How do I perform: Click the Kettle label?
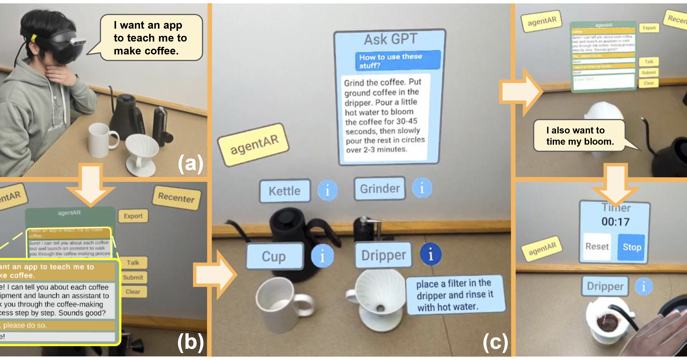coord(285,191)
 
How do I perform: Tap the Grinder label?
coord(380,189)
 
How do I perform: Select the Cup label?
coord(274,256)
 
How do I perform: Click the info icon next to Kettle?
coord(328,190)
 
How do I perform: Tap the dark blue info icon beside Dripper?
coord(430,254)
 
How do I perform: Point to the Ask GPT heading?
coord(390,39)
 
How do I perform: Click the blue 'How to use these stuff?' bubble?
coord(397,61)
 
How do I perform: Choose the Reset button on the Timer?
coord(597,246)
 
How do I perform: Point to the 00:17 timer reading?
coord(615,222)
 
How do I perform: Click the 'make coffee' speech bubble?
coord(151,38)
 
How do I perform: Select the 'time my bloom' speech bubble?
coord(579,136)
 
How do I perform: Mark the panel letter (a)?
coord(190,163)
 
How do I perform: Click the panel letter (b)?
coord(190,342)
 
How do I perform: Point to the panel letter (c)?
coord(495,342)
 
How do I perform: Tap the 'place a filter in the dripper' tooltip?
coord(455,295)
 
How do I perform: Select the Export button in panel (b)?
coord(133,216)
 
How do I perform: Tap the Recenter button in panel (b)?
coord(176,198)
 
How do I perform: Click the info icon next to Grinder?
coord(422,188)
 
